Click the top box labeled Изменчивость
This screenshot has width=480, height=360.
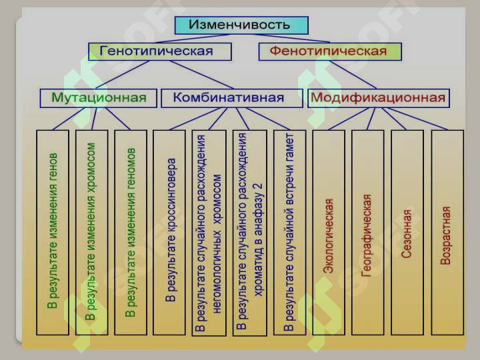241,25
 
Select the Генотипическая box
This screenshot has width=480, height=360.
160,51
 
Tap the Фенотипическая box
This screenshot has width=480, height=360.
330,51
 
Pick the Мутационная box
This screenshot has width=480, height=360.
98,98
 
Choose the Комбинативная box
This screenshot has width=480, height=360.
232,98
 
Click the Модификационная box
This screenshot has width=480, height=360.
379,98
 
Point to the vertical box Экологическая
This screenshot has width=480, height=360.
329,233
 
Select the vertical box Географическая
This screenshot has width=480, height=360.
367,233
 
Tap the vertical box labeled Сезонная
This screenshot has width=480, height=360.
407,233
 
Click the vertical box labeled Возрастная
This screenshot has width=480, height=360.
447,233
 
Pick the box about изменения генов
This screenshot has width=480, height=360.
53,233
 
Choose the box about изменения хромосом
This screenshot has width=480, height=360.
91,233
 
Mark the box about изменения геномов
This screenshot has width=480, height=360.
131,233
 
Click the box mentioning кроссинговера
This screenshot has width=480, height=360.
169,233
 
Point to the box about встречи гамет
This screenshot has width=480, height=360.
289,233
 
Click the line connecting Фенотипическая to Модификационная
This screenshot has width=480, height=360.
353,75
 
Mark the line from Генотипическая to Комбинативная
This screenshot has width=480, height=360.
202,75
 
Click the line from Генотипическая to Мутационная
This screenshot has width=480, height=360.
123,75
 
